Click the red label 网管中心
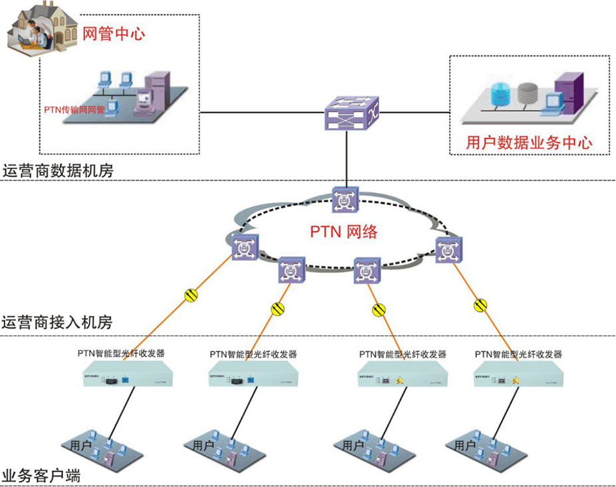click(x=113, y=33)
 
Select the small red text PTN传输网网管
click(x=74, y=110)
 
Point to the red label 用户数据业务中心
click(x=530, y=142)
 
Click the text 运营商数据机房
click(x=58, y=171)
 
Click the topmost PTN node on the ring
click(x=345, y=200)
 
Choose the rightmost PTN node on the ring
click(x=449, y=249)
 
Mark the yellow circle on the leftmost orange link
click(x=191, y=295)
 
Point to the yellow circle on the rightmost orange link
click(x=480, y=305)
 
